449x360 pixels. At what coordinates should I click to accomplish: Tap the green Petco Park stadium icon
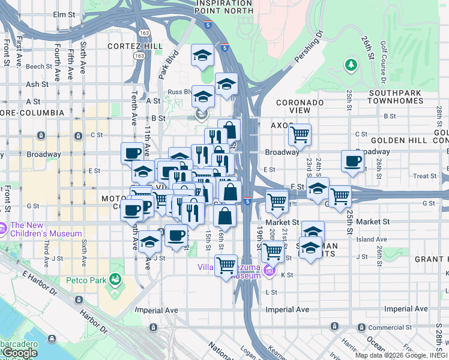tap(115, 279)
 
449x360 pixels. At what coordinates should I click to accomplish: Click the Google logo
tap(19, 353)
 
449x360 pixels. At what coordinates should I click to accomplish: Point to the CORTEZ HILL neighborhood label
tap(134, 46)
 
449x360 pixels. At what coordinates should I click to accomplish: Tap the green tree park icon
tap(350, 64)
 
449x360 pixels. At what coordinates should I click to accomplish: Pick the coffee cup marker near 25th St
tap(352, 160)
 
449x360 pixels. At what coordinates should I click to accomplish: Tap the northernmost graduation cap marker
tap(203, 56)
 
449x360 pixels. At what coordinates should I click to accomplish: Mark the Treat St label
tap(425, 176)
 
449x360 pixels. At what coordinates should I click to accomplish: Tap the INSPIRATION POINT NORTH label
tap(224, 7)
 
